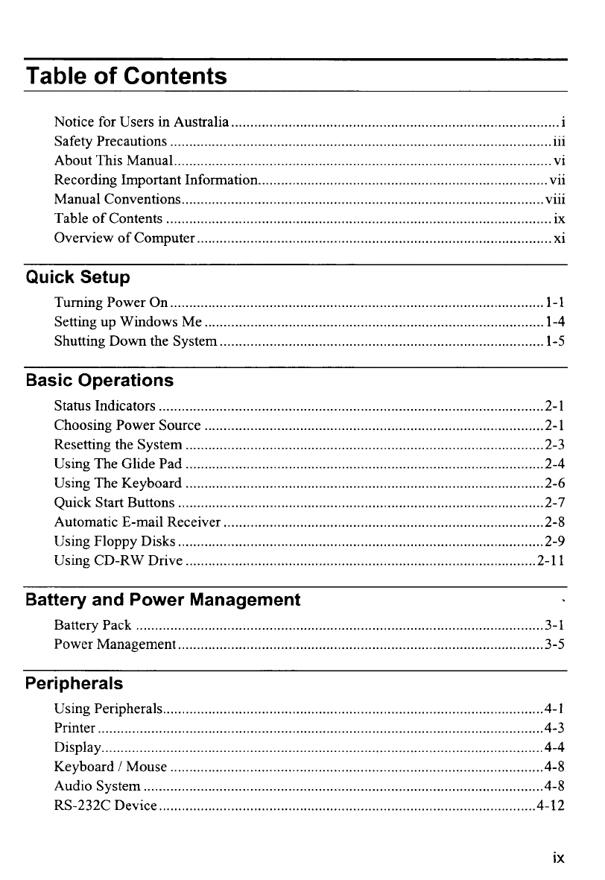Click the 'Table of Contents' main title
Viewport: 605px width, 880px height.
126,76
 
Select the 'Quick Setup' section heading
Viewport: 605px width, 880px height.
77,278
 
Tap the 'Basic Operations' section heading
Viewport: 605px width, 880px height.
99,381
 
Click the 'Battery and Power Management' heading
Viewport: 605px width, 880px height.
162,600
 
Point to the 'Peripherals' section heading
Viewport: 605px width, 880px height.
74,683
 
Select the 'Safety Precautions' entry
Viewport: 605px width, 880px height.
110,142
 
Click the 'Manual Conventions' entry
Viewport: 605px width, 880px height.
117,200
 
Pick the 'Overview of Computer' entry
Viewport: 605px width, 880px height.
124,238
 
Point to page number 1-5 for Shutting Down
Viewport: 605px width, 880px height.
554,342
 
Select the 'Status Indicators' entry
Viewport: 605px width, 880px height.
104,407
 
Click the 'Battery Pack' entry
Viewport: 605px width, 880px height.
92,625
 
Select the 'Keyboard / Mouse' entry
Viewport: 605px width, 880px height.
110,767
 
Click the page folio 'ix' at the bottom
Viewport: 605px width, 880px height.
558,858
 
